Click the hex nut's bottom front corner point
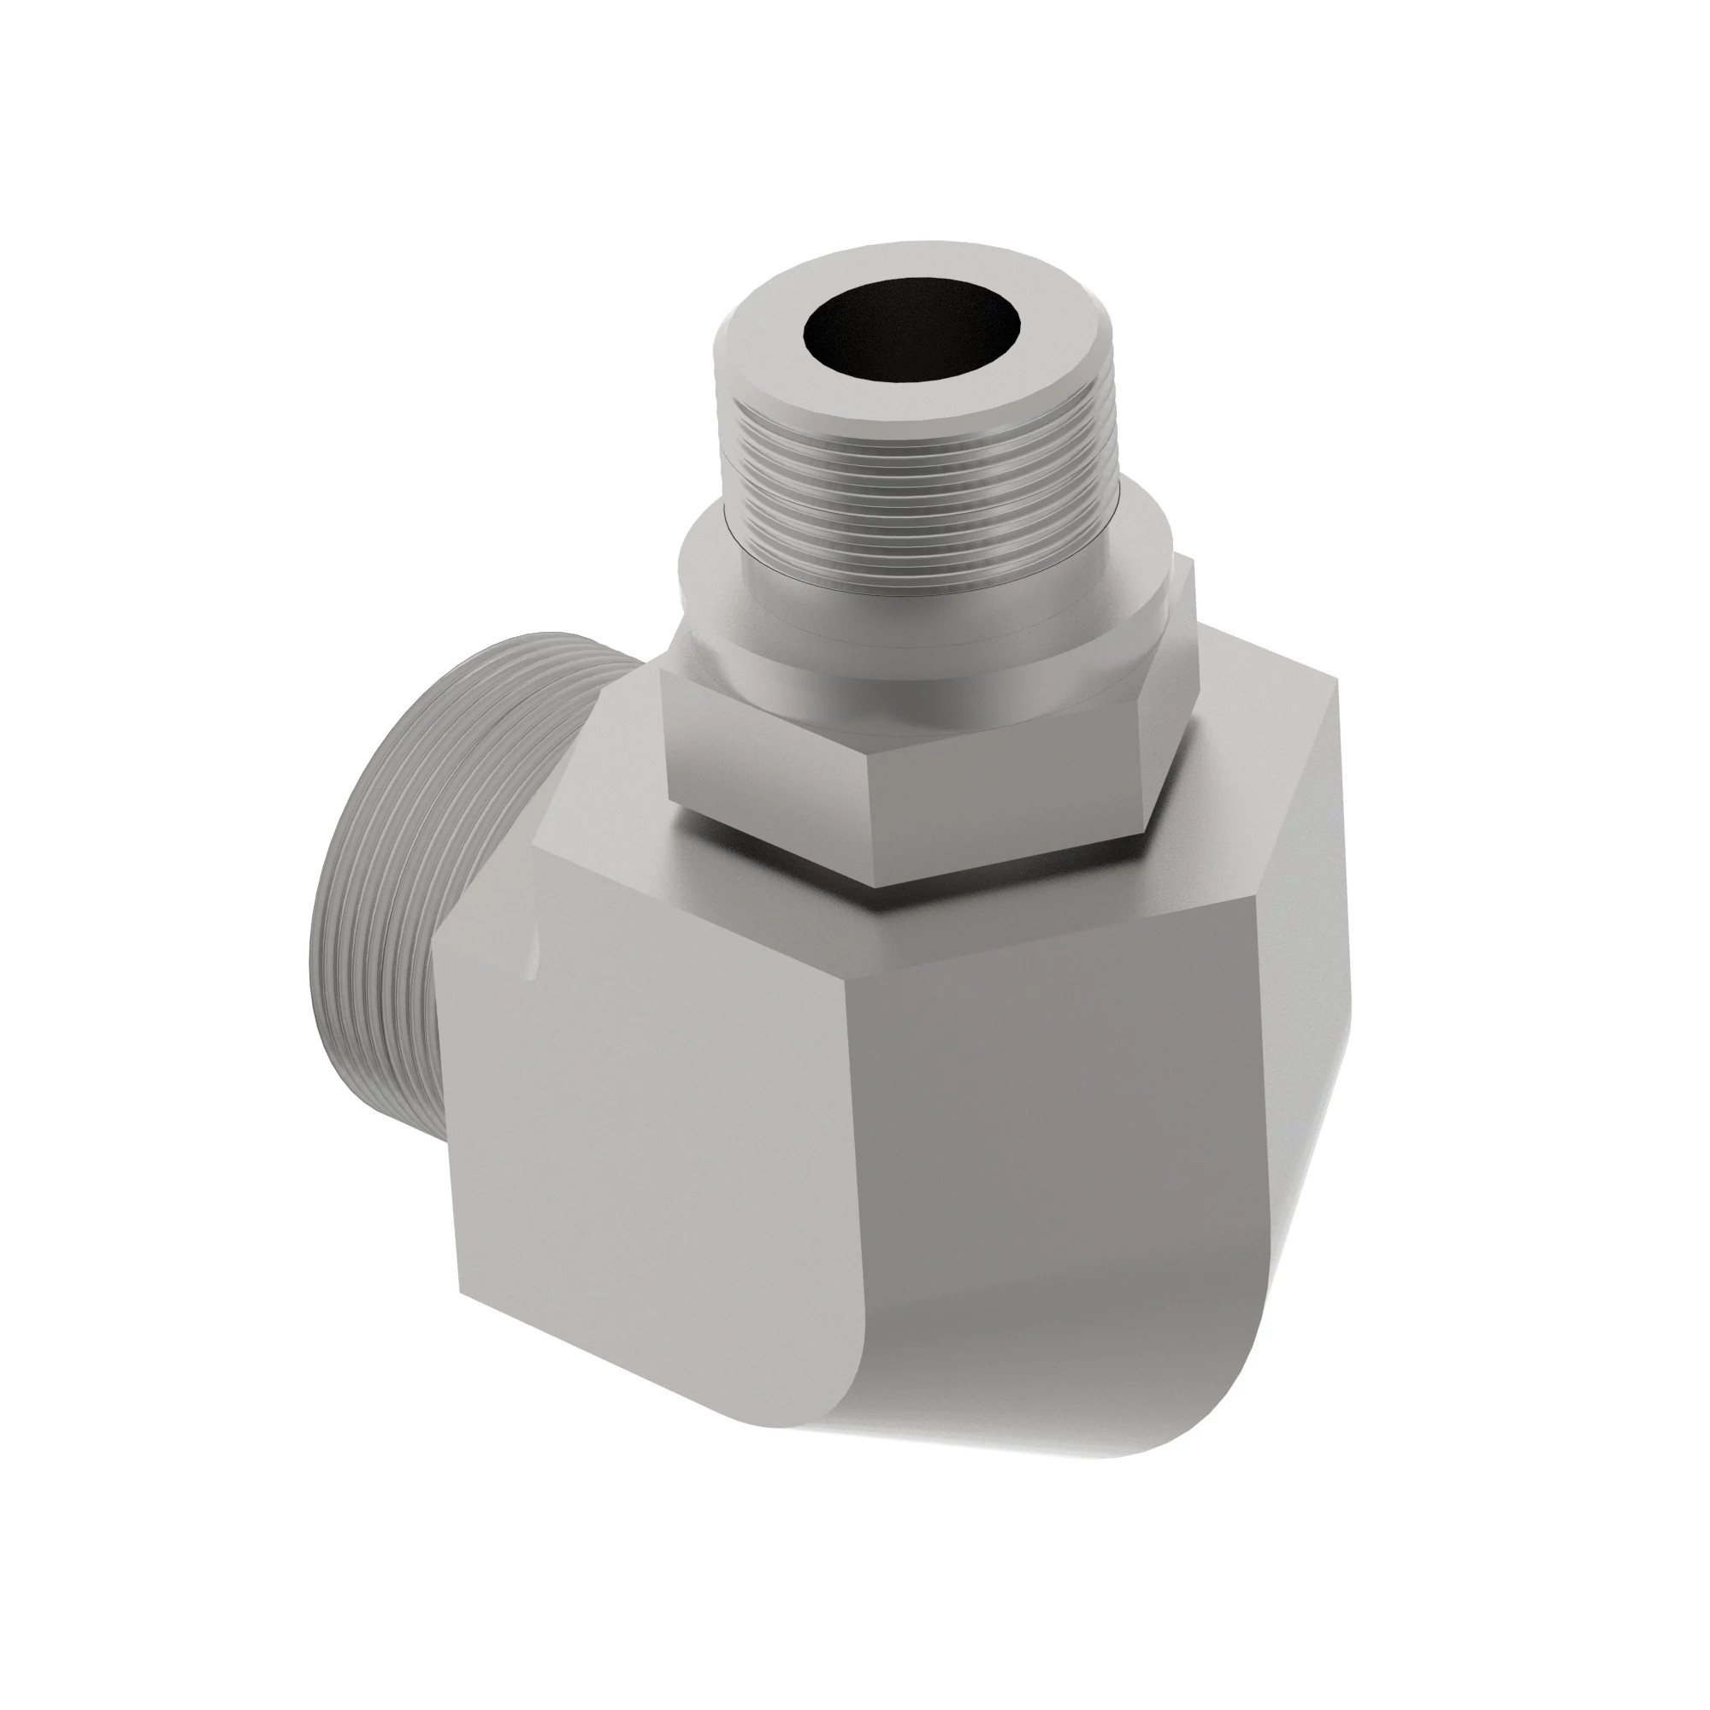point(875,886)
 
